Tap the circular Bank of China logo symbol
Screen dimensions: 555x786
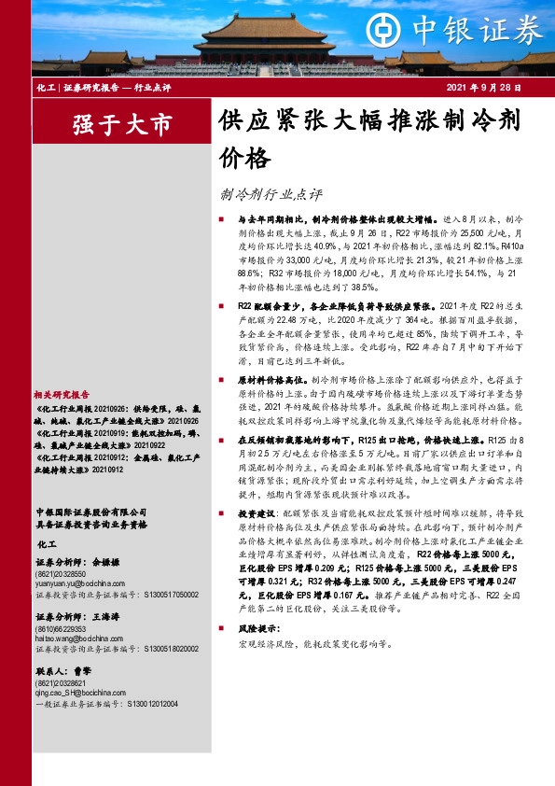[x=414, y=32]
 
